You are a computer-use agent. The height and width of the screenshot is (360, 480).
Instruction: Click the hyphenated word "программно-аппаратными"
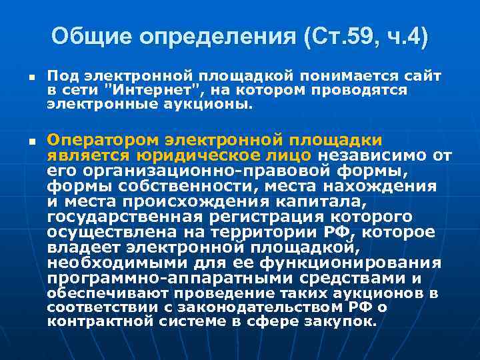(x=153, y=278)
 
